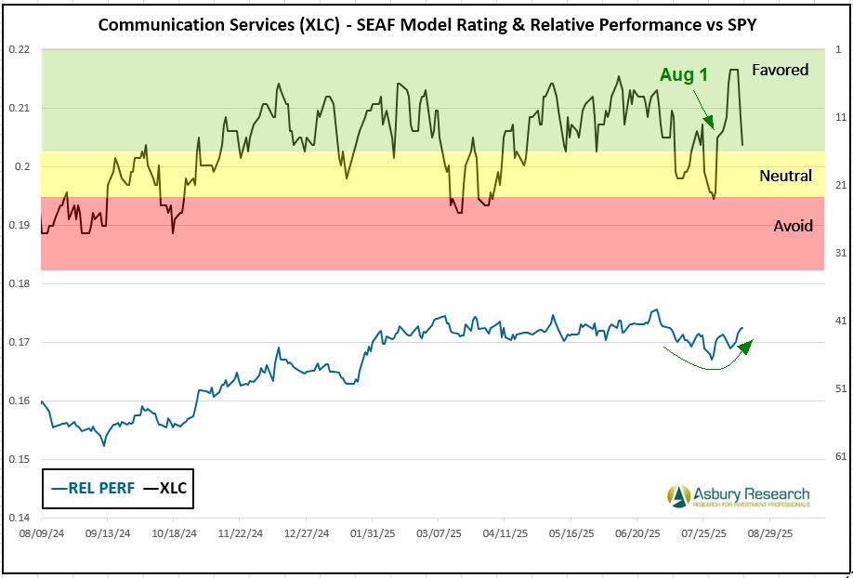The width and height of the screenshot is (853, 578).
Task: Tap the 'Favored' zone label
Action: tap(780, 70)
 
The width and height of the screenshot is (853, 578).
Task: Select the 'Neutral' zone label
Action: tap(785, 176)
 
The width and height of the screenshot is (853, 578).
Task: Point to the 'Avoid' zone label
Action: tap(793, 226)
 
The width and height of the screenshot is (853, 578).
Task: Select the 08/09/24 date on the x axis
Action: tap(42, 535)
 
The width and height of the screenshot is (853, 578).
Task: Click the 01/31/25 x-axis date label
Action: tap(370, 535)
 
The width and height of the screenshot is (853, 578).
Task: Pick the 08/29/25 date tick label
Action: tap(769, 535)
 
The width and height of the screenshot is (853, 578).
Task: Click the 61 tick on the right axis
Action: tap(838, 456)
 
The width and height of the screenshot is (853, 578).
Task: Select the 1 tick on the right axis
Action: tap(838, 49)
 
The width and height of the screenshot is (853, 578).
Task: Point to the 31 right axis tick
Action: tap(838, 253)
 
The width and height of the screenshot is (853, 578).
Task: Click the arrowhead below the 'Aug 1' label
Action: tap(710, 123)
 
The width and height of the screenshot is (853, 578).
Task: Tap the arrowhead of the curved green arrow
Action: tap(746, 345)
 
